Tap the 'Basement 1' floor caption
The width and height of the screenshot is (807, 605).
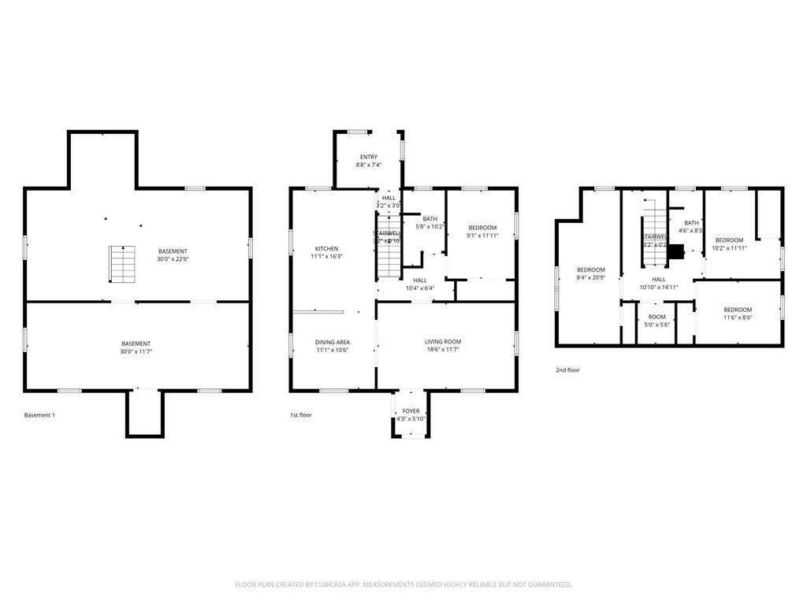[40, 414]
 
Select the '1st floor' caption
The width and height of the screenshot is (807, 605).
[300, 414]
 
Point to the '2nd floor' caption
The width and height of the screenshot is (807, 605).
[567, 369]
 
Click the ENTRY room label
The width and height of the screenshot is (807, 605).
[368, 157]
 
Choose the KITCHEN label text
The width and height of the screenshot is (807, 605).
[327, 249]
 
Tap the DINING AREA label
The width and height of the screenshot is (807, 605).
[333, 342]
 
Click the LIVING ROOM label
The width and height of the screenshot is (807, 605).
[443, 342]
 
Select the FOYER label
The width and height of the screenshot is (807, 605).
[411, 411]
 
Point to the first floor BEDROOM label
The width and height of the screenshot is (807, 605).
[482, 228]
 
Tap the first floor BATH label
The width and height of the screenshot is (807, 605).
[430, 219]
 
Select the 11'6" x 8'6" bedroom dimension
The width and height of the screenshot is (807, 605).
[738, 317]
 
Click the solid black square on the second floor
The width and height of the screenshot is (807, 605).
[675, 252]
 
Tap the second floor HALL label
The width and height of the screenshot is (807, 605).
[658, 279]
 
